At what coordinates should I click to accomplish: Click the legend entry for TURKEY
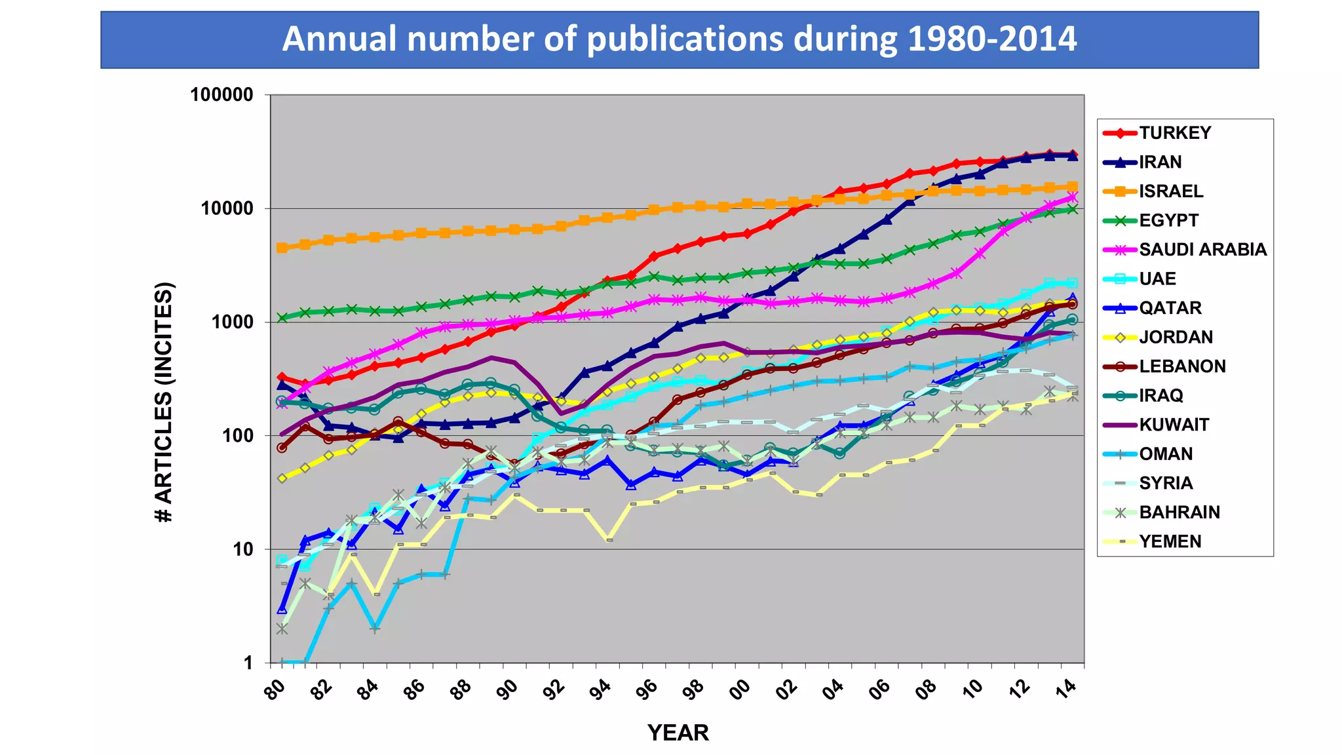1174,133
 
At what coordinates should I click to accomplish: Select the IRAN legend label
1160,162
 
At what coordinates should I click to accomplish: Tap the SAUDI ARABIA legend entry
1202,250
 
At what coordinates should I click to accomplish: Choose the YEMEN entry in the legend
1170,541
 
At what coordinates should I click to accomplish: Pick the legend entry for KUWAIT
1174,425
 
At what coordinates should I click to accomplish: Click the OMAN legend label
1166,454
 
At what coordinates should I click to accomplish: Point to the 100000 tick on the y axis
221,95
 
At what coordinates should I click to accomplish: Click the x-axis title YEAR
678,733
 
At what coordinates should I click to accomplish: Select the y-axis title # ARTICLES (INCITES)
164,402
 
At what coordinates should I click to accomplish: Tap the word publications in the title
685,39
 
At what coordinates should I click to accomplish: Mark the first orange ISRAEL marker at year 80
282,248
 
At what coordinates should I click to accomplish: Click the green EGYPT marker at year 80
282,318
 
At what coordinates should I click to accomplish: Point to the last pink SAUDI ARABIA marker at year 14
1073,197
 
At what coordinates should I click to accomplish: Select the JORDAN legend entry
1176,337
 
